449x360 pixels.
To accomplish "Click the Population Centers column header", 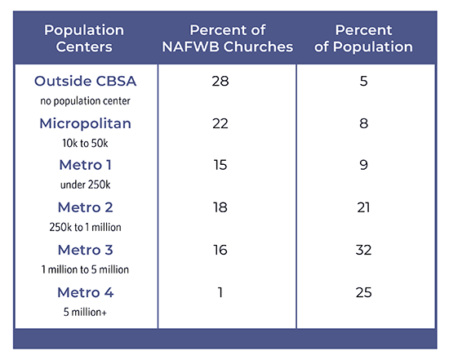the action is pyautogui.click(x=84, y=38).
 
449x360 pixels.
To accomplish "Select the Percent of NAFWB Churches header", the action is pyautogui.click(x=228, y=38).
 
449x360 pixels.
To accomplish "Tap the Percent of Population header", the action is pyautogui.click(x=363, y=38).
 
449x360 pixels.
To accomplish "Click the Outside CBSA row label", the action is pyautogui.click(x=86, y=81).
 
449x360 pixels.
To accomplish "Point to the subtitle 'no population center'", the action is pyautogui.click(x=86, y=100).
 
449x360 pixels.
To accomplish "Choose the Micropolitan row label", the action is pyautogui.click(x=86, y=124).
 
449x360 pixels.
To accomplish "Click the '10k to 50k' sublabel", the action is pyautogui.click(x=86, y=143).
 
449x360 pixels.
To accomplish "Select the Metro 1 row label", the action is pyautogui.click(x=86, y=165).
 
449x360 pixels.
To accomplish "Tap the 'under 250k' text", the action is pyautogui.click(x=86, y=184).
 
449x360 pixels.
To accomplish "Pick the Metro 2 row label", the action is pyautogui.click(x=86, y=207).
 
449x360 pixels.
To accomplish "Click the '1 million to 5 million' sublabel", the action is pyautogui.click(x=86, y=269).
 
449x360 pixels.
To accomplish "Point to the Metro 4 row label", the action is pyautogui.click(x=86, y=292).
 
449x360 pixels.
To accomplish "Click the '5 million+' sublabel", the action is pyautogui.click(x=86, y=312).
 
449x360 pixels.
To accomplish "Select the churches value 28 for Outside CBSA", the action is pyautogui.click(x=220, y=81).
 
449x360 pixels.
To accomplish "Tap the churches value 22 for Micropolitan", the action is pyautogui.click(x=220, y=124).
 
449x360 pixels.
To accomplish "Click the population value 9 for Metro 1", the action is pyautogui.click(x=363, y=165).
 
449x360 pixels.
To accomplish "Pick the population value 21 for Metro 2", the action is pyautogui.click(x=363, y=207).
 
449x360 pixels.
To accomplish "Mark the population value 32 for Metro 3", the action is pyautogui.click(x=363, y=250).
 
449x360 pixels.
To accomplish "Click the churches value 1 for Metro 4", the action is pyautogui.click(x=220, y=292).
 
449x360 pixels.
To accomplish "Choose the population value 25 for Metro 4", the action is pyautogui.click(x=363, y=292).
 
